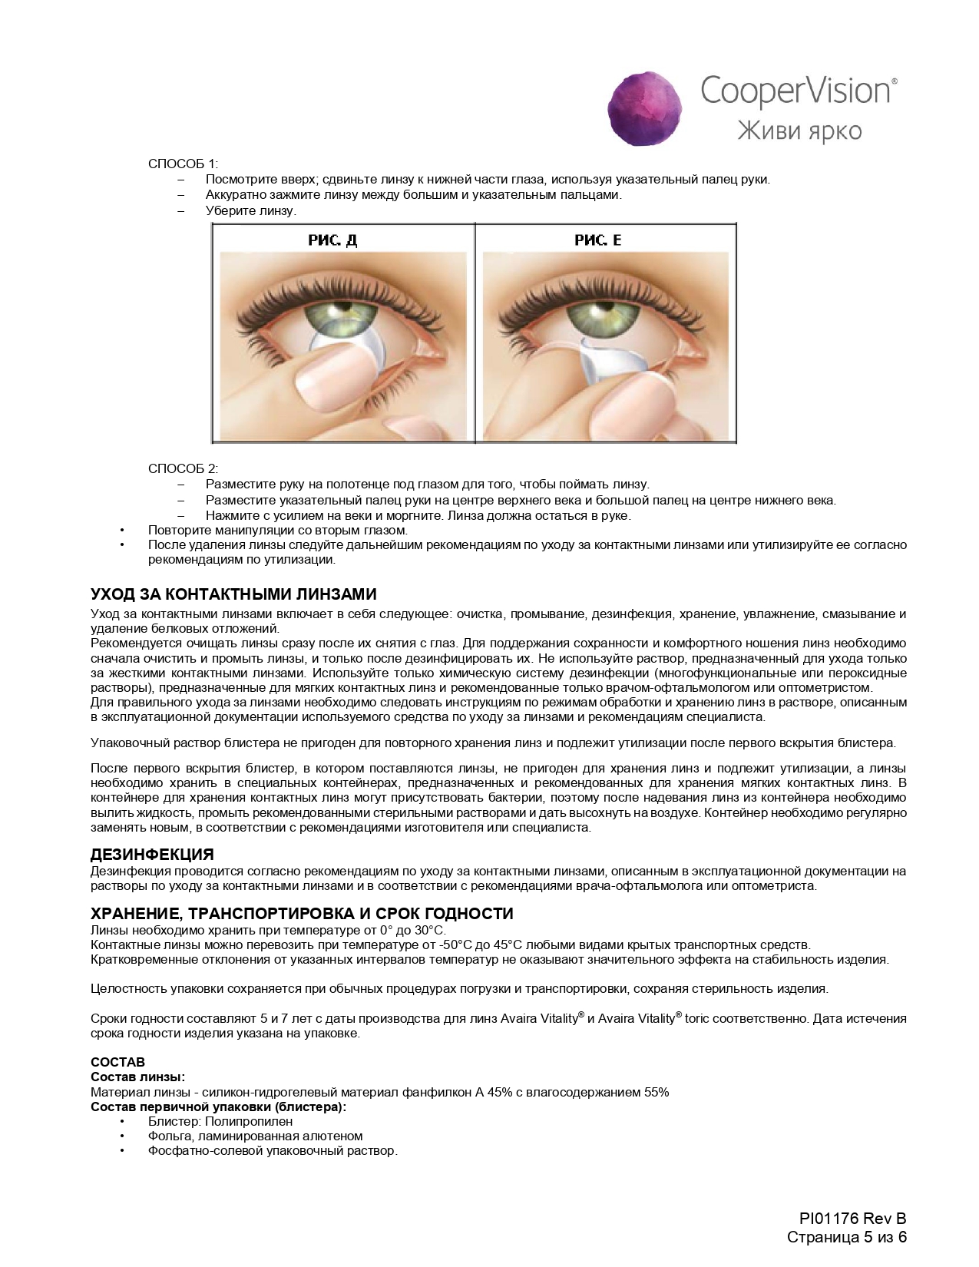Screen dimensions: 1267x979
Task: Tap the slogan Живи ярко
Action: pyautogui.click(x=799, y=131)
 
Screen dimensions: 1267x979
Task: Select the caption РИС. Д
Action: pyautogui.click(x=332, y=240)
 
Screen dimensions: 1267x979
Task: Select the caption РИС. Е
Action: pyautogui.click(x=597, y=240)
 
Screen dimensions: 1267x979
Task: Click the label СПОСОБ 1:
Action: pyautogui.click(x=183, y=164)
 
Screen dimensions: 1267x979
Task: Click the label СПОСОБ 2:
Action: pyautogui.click(x=183, y=468)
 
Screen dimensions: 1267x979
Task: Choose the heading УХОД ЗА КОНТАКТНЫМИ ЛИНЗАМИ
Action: pyautogui.click(x=233, y=595)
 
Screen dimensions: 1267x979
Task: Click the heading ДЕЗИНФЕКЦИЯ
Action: pyautogui.click(x=152, y=854)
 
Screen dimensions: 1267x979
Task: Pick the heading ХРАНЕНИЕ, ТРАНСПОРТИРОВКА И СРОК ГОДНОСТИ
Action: pyautogui.click(x=302, y=913)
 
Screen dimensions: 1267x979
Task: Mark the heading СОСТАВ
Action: pyautogui.click(x=117, y=1062)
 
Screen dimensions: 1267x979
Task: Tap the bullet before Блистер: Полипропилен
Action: pyautogui.click(x=121, y=1121)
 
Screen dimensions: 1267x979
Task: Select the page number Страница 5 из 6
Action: pyautogui.click(x=847, y=1237)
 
